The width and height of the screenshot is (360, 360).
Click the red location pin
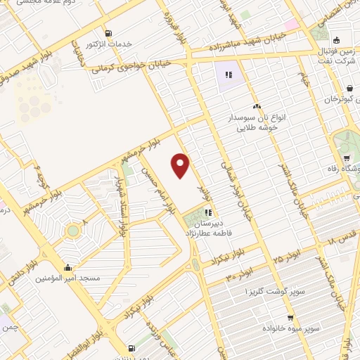[x=181, y=165]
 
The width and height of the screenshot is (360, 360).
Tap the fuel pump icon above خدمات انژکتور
[x=108, y=33]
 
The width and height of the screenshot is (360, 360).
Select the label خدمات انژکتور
[x=109, y=44]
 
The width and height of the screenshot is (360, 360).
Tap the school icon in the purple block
[x=228, y=74]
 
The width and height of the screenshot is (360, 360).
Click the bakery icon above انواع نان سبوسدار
[x=257, y=107]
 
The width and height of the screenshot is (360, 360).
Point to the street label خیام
[x=304, y=78]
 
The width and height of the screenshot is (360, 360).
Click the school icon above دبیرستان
[x=208, y=212]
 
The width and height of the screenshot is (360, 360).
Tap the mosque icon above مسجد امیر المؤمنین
[x=67, y=267]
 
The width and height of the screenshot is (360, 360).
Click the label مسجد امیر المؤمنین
[x=69, y=278]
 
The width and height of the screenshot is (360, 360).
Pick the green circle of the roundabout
[x=73, y=230]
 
